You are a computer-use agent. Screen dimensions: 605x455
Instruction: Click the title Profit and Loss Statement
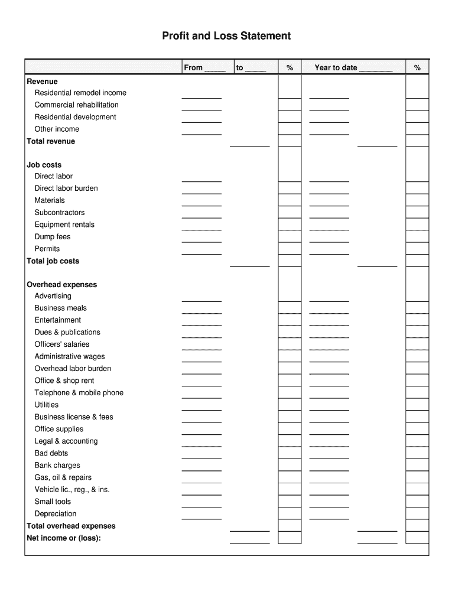pos(226,36)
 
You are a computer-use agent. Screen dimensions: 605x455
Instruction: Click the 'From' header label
pos(193,67)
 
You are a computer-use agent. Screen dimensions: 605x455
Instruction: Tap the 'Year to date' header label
pos(336,67)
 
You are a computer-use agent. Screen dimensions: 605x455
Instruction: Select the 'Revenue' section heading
pos(42,81)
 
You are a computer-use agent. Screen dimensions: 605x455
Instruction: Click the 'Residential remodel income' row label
pos(80,93)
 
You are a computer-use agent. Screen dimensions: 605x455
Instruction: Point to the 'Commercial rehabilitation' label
pos(76,105)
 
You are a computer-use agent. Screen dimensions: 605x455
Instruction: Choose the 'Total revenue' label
pos(51,141)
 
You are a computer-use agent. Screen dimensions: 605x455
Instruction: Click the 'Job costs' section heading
pos(44,165)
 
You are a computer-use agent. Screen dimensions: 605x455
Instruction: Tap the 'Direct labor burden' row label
pos(66,188)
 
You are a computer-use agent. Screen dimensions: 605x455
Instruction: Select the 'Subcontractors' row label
pos(60,212)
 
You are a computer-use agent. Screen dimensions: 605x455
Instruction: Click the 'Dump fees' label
pos(53,236)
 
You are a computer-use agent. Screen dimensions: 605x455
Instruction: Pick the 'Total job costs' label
pos(53,261)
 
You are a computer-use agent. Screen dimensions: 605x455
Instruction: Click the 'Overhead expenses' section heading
pos(61,284)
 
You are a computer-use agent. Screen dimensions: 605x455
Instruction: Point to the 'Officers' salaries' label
pos(62,344)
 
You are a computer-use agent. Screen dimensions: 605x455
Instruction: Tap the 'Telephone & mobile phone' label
pos(79,392)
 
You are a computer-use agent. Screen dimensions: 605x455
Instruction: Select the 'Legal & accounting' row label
pos(66,441)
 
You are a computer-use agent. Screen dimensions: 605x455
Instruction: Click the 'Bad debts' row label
pos(51,453)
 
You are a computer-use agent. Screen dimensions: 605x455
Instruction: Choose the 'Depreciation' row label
pos(56,513)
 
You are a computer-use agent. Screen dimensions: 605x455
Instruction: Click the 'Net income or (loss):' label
pos(64,538)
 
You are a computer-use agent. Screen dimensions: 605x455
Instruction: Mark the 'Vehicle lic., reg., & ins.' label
pos(72,489)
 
